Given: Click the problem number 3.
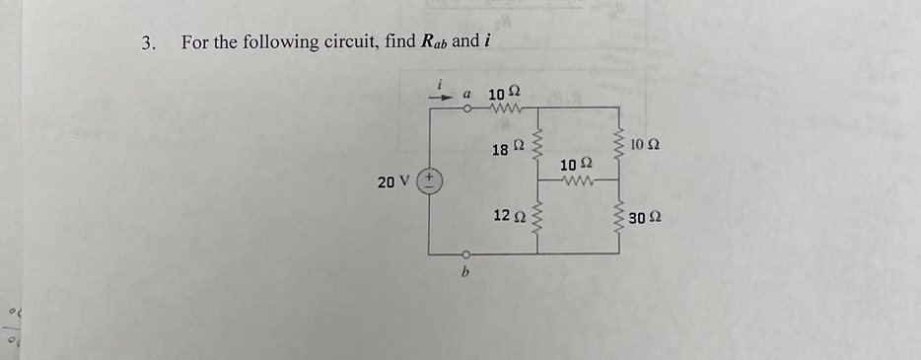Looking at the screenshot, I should (149, 42).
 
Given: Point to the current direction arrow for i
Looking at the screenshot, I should (440, 96).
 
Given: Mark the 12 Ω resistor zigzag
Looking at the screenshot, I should (537, 217).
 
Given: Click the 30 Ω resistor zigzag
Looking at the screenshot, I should (619, 217).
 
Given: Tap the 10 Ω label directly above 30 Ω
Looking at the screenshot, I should (644, 145).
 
